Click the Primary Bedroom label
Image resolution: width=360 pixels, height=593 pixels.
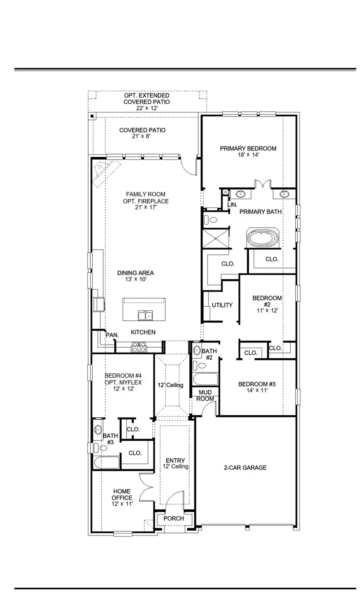point(248,149)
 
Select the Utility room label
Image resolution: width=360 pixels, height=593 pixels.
point(222,305)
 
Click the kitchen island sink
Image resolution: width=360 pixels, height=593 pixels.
point(145,315)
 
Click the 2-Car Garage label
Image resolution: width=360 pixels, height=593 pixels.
point(245,468)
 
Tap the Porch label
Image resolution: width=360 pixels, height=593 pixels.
point(173,518)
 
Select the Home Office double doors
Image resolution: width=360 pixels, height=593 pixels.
point(146,487)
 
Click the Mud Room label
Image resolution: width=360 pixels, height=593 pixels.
point(206,395)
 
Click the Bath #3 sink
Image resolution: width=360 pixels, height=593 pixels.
point(98,429)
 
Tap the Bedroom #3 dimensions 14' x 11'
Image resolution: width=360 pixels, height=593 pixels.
point(253,390)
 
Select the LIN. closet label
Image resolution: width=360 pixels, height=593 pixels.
point(232,205)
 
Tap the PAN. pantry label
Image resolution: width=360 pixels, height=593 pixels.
point(112,335)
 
